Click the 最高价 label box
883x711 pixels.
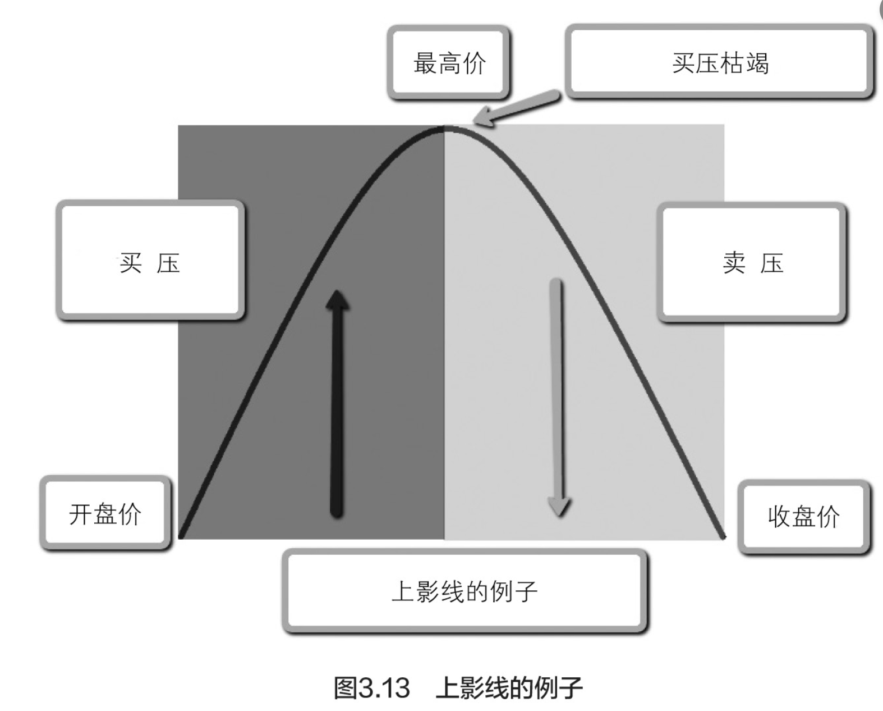point(449,62)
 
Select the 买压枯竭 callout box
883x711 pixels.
point(720,62)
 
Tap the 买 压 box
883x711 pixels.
point(150,261)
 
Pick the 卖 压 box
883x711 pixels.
point(752,262)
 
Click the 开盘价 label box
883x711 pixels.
point(105,513)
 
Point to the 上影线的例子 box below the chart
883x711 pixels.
point(465,591)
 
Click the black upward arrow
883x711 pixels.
point(337,404)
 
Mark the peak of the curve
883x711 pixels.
point(444,129)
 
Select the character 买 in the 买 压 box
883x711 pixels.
point(131,262)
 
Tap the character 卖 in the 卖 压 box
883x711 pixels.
point(734,262)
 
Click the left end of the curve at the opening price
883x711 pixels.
point(181,536)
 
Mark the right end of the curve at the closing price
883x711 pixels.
point(723,536)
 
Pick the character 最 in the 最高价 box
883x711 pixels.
point(425,63)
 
